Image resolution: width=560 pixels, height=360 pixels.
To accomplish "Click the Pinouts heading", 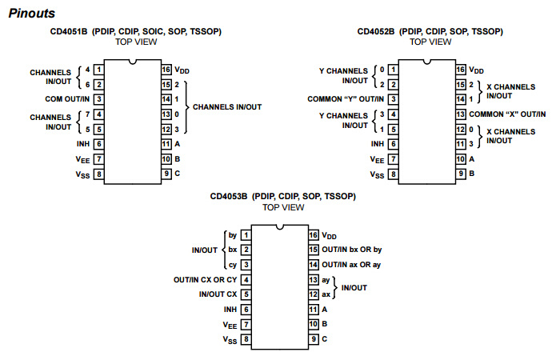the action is tap(32, 14).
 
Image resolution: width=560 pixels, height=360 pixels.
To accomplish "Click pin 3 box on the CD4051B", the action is tap(99, 99).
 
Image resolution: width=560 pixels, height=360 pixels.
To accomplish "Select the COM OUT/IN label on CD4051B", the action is tap(67, 99).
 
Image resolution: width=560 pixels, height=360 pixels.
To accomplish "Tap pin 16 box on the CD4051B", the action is tap(166, 70).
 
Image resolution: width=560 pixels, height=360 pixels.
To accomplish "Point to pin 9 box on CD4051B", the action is tap(166, 174).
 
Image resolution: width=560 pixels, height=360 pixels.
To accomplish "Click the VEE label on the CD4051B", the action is tap(82, 160).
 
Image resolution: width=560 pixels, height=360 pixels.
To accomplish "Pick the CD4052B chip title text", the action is tap(430, 31).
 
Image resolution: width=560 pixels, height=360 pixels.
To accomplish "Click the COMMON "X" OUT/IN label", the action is tap(507, 114).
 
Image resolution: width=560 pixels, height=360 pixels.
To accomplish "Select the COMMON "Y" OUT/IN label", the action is tap(346, 99).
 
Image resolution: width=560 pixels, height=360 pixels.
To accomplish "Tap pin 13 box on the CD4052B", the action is tap(460, 114).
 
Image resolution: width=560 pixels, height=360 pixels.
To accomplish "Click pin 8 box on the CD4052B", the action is tap(394, 174).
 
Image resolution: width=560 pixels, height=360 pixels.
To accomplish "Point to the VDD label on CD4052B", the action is tap(476, 70).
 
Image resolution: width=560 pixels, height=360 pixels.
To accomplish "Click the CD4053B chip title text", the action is tap(283, 197).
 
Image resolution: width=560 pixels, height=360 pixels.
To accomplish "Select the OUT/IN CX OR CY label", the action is tap(206, 280).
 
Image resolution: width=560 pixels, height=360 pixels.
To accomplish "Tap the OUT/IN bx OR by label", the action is tap(352, 250).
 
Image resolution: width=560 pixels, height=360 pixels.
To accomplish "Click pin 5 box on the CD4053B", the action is tap(246, 294).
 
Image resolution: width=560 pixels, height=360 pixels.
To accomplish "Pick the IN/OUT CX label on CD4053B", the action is tap(218, 294).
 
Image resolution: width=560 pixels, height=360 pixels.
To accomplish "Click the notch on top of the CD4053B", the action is tap(280, 227).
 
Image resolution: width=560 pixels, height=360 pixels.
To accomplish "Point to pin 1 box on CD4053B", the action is tap(246, 235).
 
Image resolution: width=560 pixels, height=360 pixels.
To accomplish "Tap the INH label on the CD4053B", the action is tap(230, 310).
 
